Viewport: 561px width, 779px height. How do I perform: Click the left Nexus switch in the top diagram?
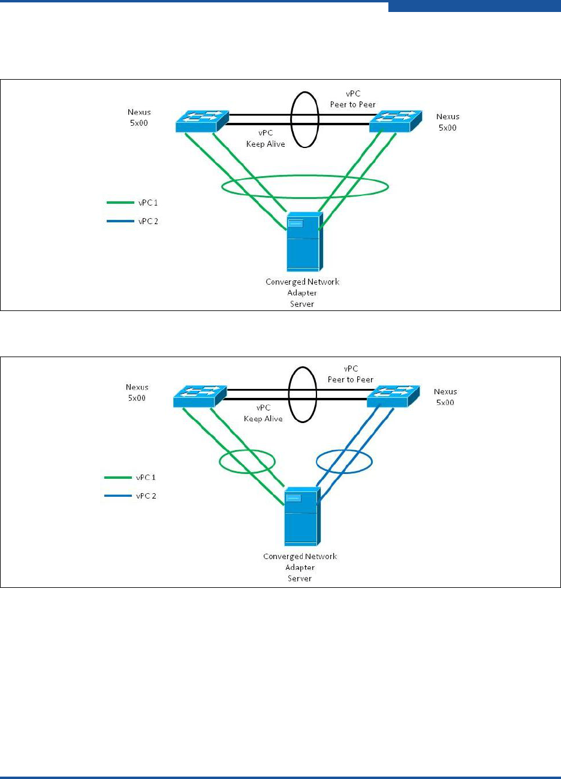[202, 121]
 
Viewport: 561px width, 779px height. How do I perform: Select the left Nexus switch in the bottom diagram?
[200, 396]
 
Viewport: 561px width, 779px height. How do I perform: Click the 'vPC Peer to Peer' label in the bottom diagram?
[351, 374]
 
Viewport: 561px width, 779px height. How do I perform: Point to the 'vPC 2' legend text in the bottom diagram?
[146, 496]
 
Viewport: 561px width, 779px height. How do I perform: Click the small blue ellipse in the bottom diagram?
[345, 461]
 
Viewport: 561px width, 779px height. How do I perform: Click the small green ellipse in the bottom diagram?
[246, 461]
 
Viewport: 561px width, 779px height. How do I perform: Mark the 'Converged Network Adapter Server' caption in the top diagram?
[302, 293]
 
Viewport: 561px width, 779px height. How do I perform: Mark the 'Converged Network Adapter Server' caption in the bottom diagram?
[300, 567]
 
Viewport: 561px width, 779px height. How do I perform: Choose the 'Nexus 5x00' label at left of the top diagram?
[140, 117]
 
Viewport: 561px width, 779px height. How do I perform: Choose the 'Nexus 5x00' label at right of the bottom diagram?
[445, 397]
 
